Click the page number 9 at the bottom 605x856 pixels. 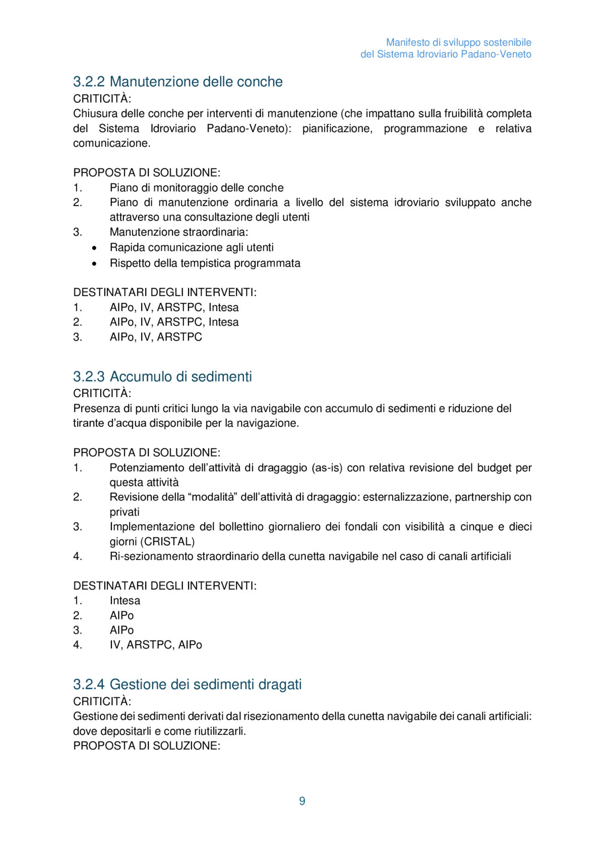coord(302,801)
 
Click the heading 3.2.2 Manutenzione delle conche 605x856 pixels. coord(177,82)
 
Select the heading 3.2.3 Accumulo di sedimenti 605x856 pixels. coord(162,377)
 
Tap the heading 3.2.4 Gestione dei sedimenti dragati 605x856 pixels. coord(187,684)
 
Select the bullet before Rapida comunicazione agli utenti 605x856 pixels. coord(94,248)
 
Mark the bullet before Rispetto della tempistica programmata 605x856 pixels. coord(94,263)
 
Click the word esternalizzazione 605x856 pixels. coord(406,497)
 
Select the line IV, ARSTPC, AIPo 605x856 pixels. coord(156,645)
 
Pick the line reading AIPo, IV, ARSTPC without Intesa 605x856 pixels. coord(156,337)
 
